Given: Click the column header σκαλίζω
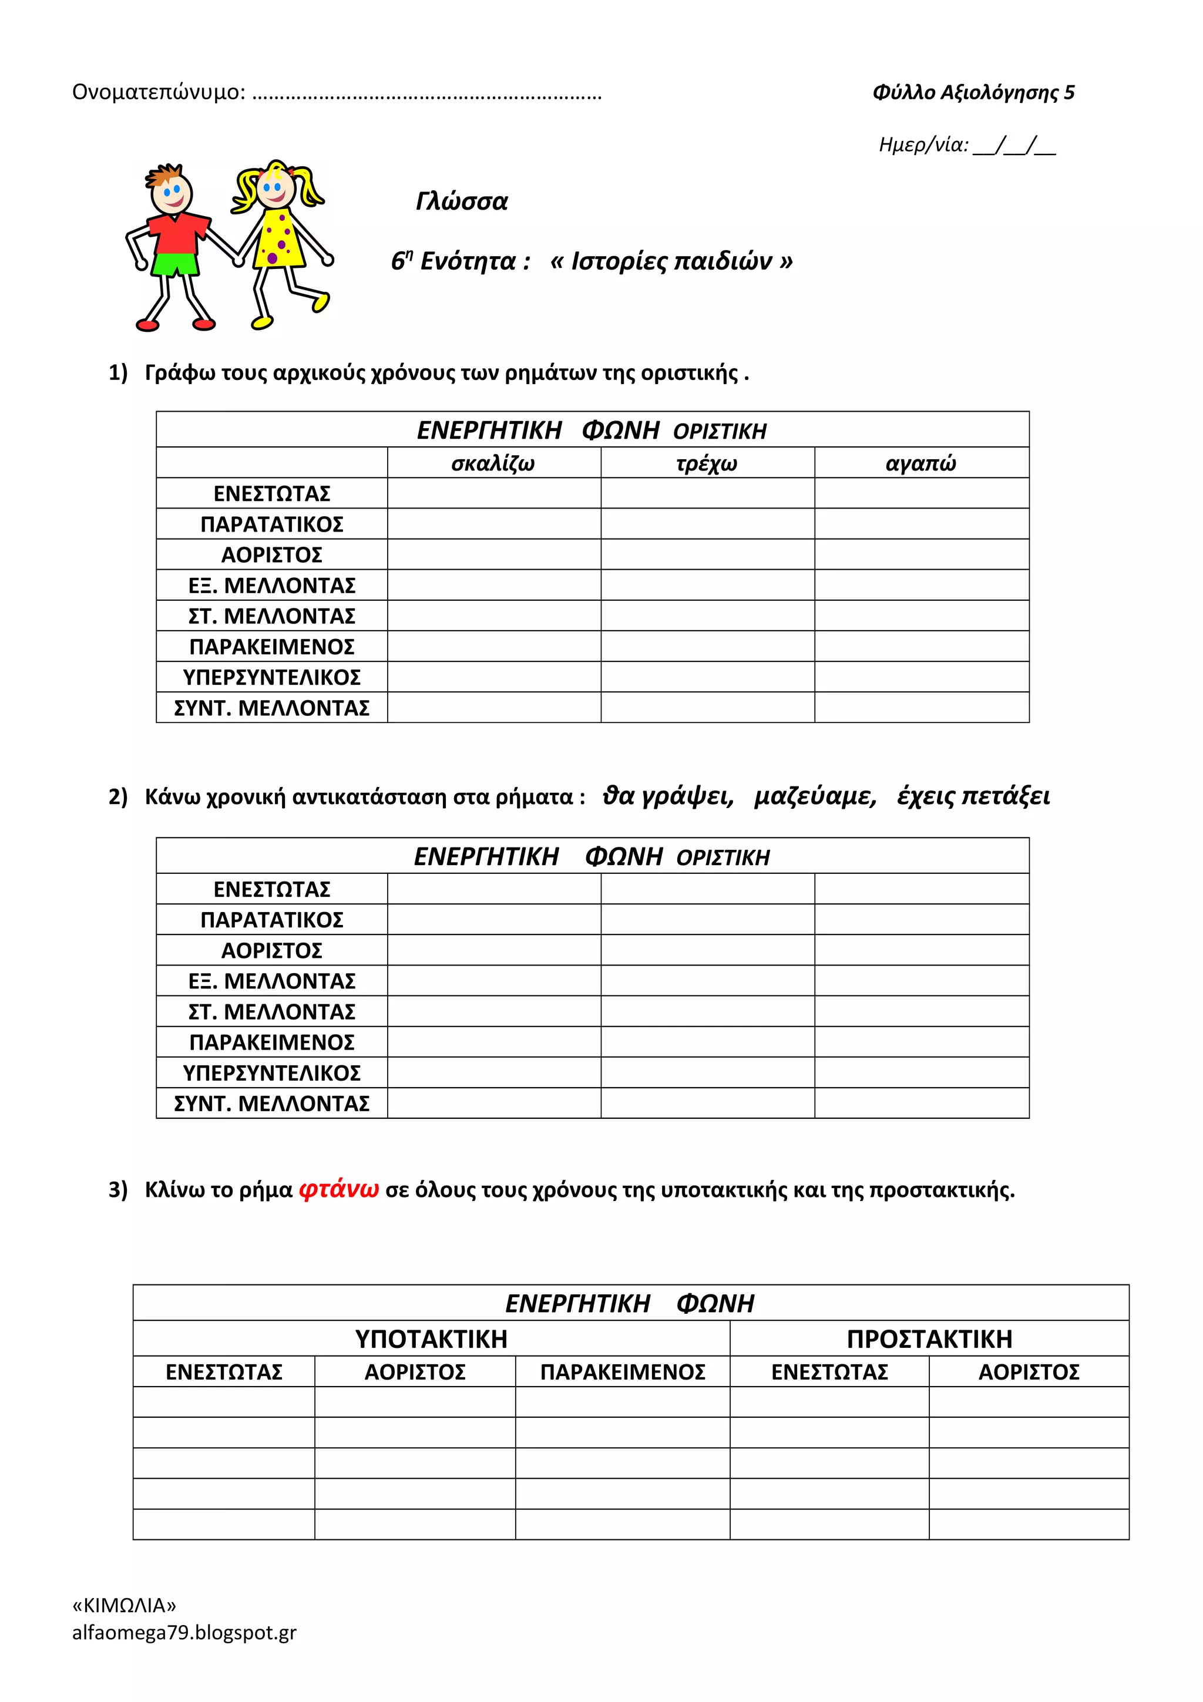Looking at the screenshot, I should pyautogui.click(x=493, y=463).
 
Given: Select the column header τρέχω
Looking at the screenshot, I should pyautogui.click(x=707, y=463).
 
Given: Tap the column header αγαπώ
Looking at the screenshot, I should pyautogui.click(x=920, y=463).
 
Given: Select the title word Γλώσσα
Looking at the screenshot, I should pyautogui.click(x=462, y=201).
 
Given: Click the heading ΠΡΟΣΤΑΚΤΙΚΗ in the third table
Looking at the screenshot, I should pyautogui.click(x=929, y=1339).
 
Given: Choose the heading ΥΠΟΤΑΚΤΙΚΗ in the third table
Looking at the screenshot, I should pyautogui.click(x=431, y=1339).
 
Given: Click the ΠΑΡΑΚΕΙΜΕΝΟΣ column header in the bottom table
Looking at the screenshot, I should pyautogui.click(x=622, y=1372).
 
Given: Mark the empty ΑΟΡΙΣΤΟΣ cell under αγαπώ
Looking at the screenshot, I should pyautogui.click(x=921, y=554).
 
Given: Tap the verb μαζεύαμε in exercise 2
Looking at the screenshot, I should pyautogui.click(x=815, y=796).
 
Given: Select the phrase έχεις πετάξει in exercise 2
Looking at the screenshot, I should pyautogui.click(x=973, y=796).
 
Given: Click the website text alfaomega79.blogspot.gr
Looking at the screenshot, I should pyautogui.click(x=184, y=1632).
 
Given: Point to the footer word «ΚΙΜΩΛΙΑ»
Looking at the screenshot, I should pyautogui.click(x=124, y=1605).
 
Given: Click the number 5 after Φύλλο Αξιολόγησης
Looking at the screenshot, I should pyautogui.click(x=1069, y=93).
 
